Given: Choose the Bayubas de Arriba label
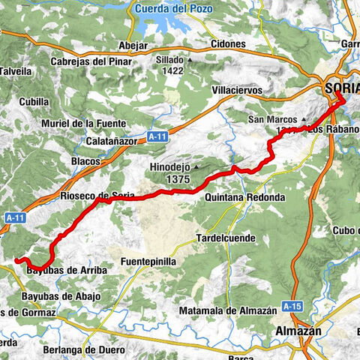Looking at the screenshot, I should coord(67,269).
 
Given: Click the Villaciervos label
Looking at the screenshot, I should coord(237,90).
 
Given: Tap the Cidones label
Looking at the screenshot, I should coord(229,44).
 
